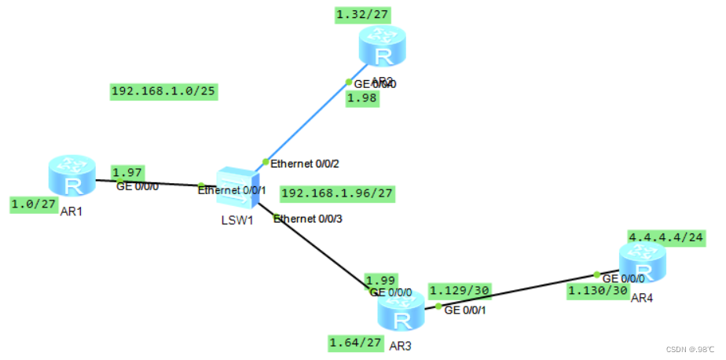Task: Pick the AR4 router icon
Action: (x=641, y=262)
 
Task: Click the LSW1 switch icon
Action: (x=233, y=186)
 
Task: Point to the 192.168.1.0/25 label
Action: (x=163, y=92)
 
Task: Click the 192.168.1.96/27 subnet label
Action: (x=337, y=193)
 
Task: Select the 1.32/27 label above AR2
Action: (x=363, y=14)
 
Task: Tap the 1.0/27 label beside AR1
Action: (x=33, y=204)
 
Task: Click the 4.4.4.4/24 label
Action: (x=662, y=236)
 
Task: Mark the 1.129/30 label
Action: (x=460, y=291)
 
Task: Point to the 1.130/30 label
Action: (x=598, y=291)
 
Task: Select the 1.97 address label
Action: (x=126, y=172)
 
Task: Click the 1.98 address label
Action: (x=362, y=98)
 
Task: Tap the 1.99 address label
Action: (x=381, y=280)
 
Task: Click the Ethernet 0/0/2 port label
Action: (x=305, y=163)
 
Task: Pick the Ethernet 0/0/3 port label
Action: (x=308, y=219)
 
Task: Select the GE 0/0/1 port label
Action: (x=467, y=310)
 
